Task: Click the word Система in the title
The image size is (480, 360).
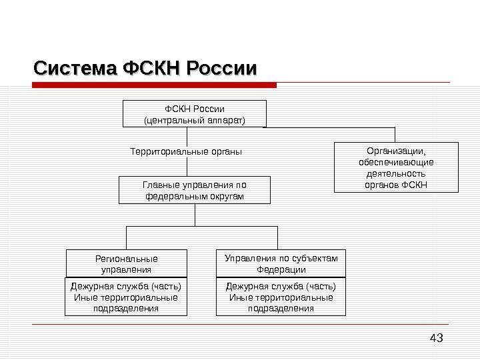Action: click(76, 68)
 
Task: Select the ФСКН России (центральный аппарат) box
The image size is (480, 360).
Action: click(195, 113)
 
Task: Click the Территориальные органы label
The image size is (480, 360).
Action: click(185, 151)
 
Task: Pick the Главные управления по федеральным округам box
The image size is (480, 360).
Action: click(195, 190)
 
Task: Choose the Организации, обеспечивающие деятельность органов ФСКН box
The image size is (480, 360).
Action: click(396, 167)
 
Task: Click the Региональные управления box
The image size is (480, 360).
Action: click(126, 263)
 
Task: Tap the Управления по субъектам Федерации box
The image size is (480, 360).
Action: click(281, 263)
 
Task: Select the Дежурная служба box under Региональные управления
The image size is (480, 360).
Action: click(126, 297)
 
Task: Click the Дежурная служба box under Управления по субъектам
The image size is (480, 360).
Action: click(281, 297)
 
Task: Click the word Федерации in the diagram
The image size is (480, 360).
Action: click(281, 270)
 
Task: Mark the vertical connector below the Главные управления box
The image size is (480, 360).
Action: click(195, 215)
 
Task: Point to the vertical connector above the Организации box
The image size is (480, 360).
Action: click(396, 133)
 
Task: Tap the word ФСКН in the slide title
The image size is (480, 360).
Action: click(152, 68)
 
